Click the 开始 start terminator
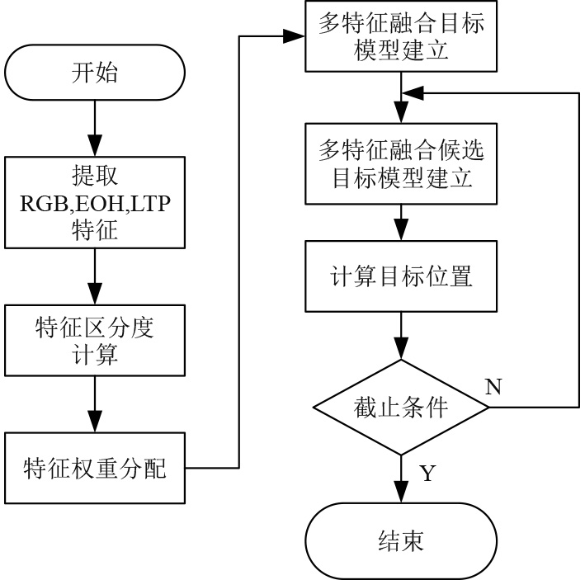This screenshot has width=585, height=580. [x=95, y=74]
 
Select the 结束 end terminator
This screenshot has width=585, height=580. [x=401, y=542]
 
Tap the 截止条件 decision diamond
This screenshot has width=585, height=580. [x=401, y=408]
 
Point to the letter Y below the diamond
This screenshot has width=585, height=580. [x=427, y=474]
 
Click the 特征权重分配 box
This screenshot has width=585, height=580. [x=95, y=469]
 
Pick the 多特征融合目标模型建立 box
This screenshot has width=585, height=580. [x=401, y=37]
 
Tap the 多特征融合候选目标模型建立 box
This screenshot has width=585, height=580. [x=401, y=164]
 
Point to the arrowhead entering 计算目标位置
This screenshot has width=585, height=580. [x=401, y=233]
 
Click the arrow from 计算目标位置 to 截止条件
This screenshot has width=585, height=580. [x=401, y=337]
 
